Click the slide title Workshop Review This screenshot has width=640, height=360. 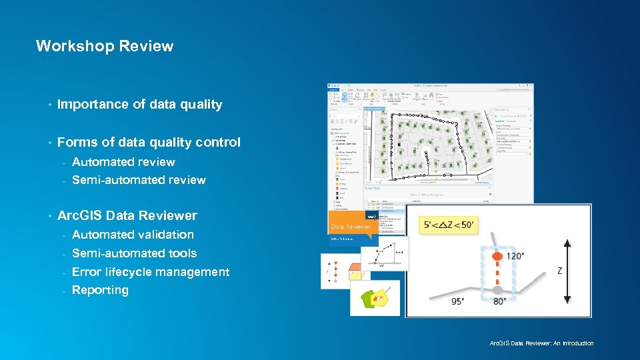tap(104, 46)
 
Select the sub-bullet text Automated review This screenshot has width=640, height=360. tap(123, 162)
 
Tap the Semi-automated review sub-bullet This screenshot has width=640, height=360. tap(139, 180)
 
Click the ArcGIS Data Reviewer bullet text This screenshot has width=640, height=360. tap(127, 215)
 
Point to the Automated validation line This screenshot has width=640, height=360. tap(133, 235)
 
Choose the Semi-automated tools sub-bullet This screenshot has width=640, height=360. tap(134, 253)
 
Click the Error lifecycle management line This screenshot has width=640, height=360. tap(150, 272)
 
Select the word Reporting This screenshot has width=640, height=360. tap(100, 290)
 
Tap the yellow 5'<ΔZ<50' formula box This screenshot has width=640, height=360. tap(450, 225)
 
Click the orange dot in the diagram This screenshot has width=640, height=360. tap(497, 256)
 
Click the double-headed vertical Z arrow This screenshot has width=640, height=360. tap(567, 271)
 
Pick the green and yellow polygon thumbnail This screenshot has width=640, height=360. tap(375, 297)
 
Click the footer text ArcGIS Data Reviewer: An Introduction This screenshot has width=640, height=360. tap(541, 343)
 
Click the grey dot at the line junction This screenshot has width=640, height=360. tap(497, 290)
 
